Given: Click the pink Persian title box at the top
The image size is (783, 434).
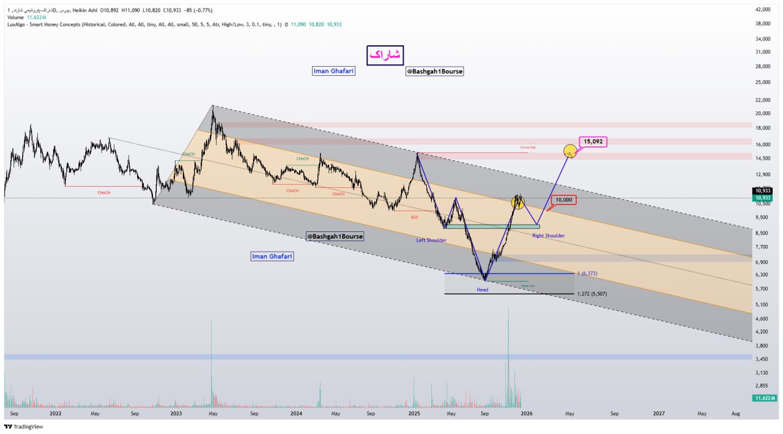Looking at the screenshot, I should pyautogui.click(x=385, y=55).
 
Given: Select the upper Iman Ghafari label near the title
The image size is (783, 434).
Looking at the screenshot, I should pyautogui.click(x=333, y=71).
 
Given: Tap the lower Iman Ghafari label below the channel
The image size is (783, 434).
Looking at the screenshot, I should pyautogui.click(x=272, y=256).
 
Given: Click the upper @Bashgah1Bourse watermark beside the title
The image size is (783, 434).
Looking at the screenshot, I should pyautogui.click(x=434, y=72).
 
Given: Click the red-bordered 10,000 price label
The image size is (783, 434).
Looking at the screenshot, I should pyautogui.click(x=563, y=200).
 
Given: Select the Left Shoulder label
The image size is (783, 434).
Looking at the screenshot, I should pyautogui.click(x=431, y=240).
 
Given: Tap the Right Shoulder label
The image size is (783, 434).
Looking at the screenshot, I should pyautogui.click(x=548, y=236).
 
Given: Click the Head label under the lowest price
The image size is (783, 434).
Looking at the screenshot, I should pyautogui.click(x=483, y=290).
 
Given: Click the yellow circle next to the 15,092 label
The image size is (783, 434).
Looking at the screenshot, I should pyautogui.click(x=570, y=150).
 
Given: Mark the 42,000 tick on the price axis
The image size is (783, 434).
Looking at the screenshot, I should pyautogui.click(x=762, y=10).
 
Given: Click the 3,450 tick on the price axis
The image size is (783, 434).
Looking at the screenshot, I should pyautogui.click(x=762, y=357).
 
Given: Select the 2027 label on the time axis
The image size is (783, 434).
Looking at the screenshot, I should pyautogui.click(x=659, y=413).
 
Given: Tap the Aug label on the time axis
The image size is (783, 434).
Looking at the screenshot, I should pyautogui.click(x=736, y=413).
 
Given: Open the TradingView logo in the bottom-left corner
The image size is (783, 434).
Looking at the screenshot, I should pyautogui.click(x=24, y=427).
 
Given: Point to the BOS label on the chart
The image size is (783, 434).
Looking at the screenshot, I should pyautogui.click(x=414, y=217).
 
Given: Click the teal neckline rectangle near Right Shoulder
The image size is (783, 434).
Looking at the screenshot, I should pyautogui.click(x=492, y=226).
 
